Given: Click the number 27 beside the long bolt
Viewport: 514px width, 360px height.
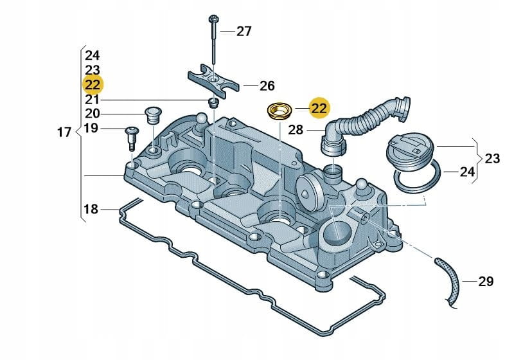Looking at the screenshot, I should tap(244, 31).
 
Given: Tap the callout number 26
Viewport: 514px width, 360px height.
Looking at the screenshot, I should tap(249, 85).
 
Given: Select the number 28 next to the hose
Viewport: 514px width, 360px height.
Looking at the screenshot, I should tap(295, 130).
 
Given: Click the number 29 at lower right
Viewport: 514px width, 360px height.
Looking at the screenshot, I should tap(486, 282).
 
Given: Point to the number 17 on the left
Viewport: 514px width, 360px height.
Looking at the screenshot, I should tap(64, 133).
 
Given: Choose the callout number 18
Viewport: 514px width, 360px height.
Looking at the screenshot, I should tap(91, 209).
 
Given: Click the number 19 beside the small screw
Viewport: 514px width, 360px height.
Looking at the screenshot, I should tap(91, 129).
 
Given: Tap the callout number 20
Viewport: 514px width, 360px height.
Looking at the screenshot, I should tap(91, 114).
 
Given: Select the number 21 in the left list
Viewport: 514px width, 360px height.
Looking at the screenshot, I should tap(91, 100).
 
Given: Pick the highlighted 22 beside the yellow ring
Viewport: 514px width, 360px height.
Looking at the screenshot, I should tap(319, 108).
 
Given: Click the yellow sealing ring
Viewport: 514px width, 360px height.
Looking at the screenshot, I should tap(280, 111).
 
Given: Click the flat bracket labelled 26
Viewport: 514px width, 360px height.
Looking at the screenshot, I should tap(213, 81).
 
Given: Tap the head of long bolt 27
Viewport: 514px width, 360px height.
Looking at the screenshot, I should tap(211, 19).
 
